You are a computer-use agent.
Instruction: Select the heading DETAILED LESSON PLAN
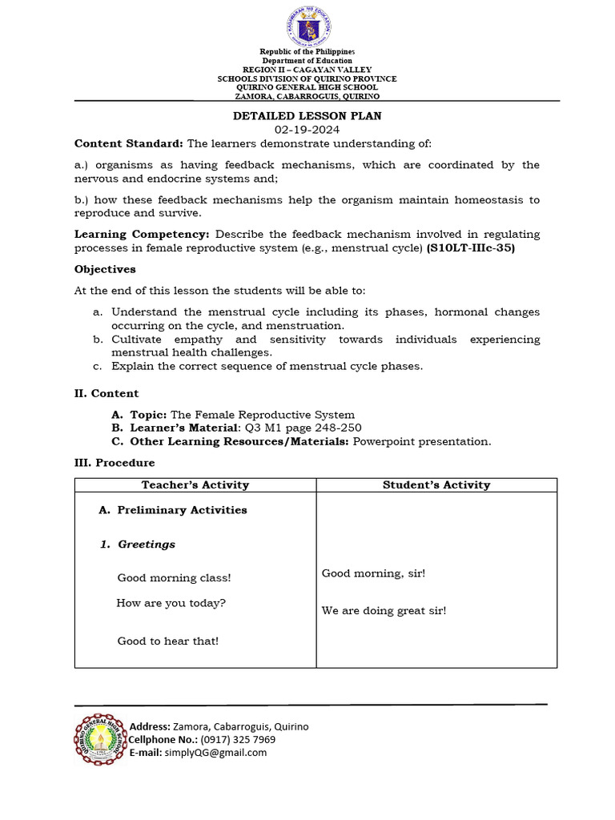tap(307, 116)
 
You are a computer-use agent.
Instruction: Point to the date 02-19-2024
tap(307, 130)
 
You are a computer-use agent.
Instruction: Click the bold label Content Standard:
tap(129, 143)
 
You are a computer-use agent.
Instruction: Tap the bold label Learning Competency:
tap(143, 235)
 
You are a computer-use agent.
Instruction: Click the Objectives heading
tap(105, 269)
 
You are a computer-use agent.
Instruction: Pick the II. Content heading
tap(107, 393)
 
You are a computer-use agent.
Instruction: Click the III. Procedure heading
tap(115, 463)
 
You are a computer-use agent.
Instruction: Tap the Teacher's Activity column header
tap(195, 484)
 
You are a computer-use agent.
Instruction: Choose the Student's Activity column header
tap(436, 484)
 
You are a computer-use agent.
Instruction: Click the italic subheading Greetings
tap(147, 545)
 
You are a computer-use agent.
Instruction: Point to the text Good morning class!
tap(174, 577)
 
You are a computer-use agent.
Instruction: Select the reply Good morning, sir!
tap(373, 573)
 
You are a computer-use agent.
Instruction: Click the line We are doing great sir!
tap(384, 611)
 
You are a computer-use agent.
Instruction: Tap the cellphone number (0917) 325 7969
tap(238, 739)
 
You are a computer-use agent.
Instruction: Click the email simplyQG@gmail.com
tap(215, 753)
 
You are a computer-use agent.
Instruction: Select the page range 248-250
tap(339, 428)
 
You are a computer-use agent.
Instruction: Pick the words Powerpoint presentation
tap(422, 442)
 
